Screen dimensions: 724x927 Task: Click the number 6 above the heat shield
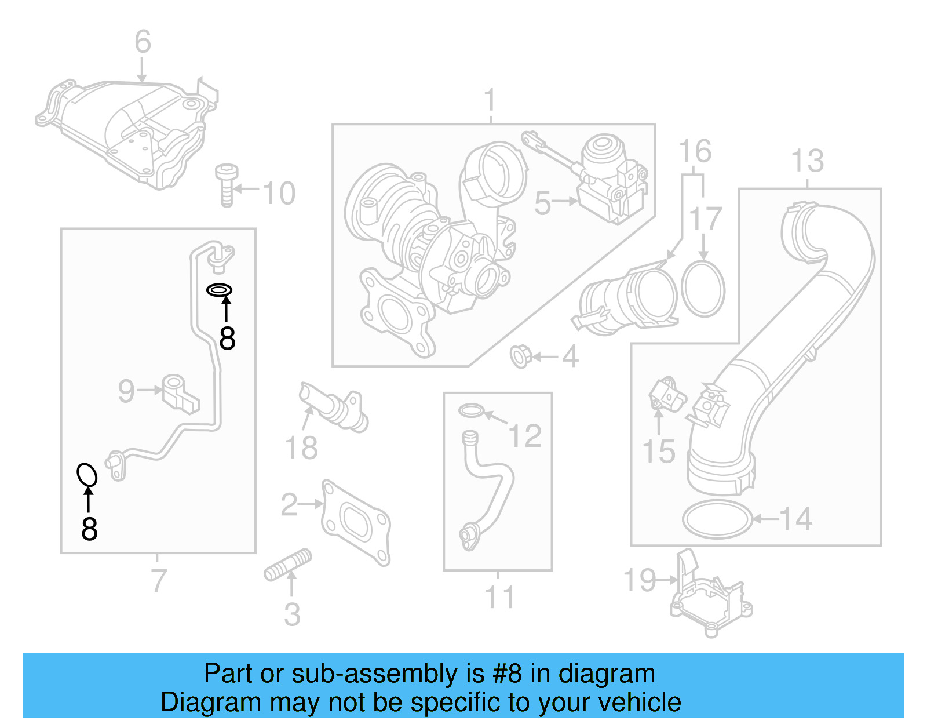[x=143, y=42]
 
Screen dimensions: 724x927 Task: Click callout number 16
[x=695, y=152]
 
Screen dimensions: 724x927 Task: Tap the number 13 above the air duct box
[x=807, y=161]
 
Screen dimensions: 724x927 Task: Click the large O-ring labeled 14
[x=717, y=519]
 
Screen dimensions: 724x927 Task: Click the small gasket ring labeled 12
[x=471, y=411]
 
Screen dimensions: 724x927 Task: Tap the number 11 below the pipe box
[x=499, y=597]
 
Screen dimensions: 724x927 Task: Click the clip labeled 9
[x=180, y=392]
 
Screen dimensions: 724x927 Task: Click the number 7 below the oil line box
[x=158, y=580]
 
